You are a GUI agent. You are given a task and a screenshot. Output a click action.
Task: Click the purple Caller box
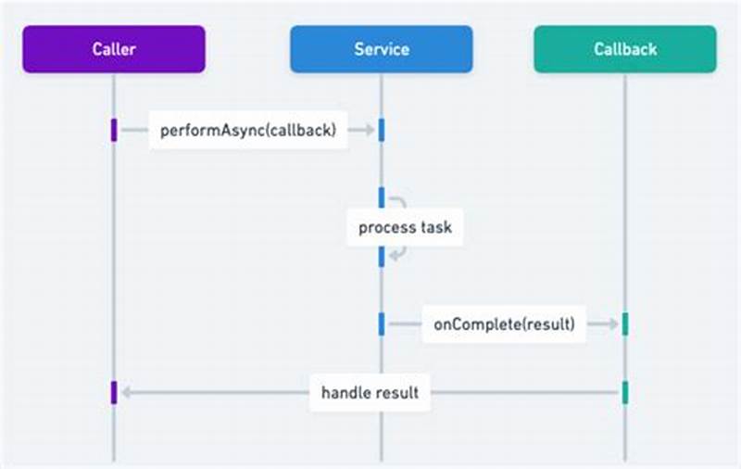[114, 48]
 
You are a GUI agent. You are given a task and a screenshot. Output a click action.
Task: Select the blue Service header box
[381, 48]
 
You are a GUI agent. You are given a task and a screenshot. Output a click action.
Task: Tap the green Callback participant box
[624, 48]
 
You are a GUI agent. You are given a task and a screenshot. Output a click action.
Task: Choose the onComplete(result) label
[503, 323]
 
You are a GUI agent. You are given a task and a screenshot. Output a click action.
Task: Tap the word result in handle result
[397, 392]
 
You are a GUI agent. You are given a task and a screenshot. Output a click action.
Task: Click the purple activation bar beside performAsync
[114, 131]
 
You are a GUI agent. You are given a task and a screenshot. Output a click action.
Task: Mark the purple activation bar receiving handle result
[114, 392]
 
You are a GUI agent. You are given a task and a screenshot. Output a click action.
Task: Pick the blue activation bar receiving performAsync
[381, 131]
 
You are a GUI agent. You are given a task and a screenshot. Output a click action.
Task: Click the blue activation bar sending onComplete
[381, 323]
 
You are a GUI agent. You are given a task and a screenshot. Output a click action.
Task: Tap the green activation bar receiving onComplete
[625, 323]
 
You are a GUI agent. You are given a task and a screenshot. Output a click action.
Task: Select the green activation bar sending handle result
[625, 392]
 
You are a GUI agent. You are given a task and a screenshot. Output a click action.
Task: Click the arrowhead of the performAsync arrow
[369, 131]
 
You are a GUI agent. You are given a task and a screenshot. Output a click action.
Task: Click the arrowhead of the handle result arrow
[126, 392]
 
